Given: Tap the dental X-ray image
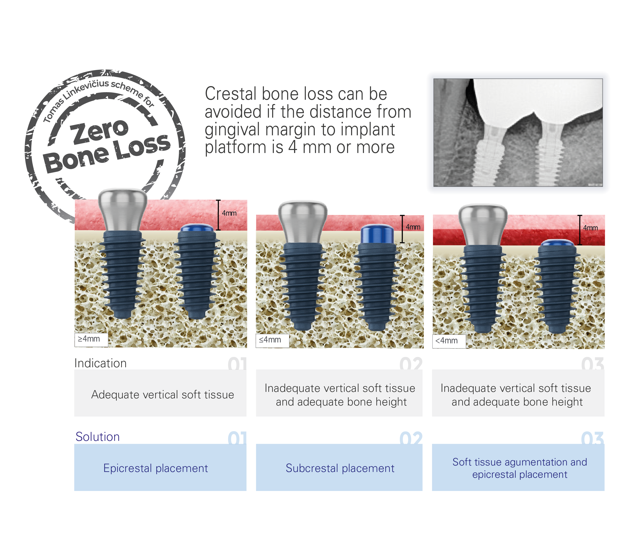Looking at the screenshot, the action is click(x=518, y=132).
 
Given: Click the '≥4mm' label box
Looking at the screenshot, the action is click(x=91, y=340).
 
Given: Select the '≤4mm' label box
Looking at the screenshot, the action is click(x=272, y=340).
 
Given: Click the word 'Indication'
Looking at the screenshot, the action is click(x=100, y=363).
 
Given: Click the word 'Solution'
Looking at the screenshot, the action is click(x=98, y=437).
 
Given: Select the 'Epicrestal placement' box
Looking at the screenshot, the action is click(x=160, y=467).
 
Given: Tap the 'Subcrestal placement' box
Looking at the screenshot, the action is click(x=339, y=467).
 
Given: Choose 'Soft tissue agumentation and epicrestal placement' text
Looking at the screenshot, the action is click(x=519, y=468).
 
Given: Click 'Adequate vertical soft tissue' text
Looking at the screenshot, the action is click(x=163, y=395).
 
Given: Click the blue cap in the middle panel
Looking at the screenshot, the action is click(x=377, y=234).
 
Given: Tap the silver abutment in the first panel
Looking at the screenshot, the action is click(x=123, y=209).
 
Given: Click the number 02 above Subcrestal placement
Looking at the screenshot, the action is click(x=411, y=438).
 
